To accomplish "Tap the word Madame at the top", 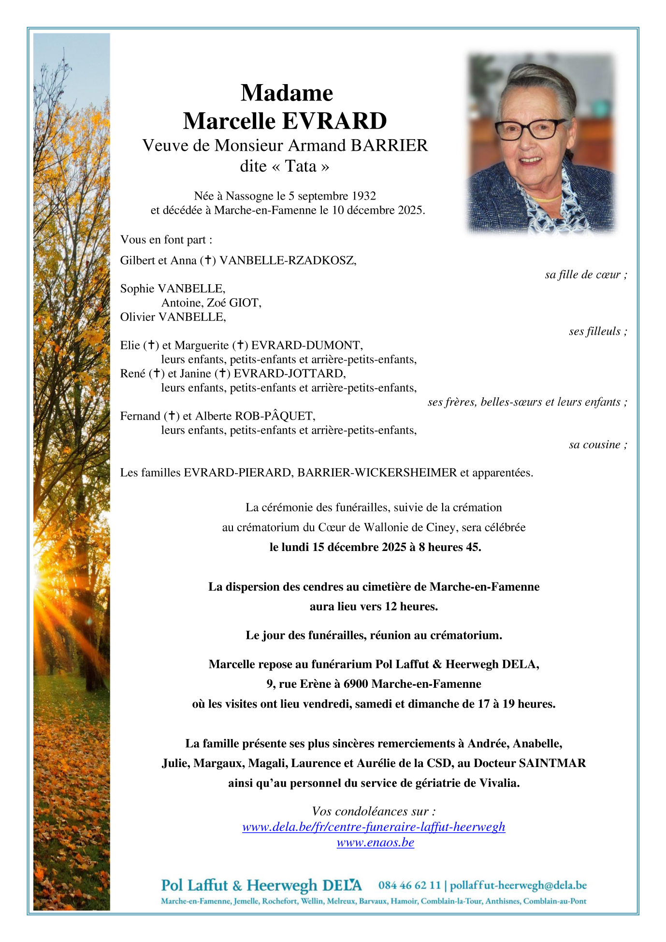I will pyautogui.click(x=287, y=93).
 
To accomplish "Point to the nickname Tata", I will pyautogui.click(x=301, y=166).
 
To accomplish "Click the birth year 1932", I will pyautogui.click(x=363, y=196).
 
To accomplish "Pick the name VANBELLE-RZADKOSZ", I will pyautogui.click(x=288, y=261).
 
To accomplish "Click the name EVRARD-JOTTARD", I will pyautogui.click(x=289, y=374).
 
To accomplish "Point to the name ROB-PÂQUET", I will pyautogui.click(x=275, y=416).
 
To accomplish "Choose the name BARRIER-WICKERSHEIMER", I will pyautogui.click(x=377, y=473).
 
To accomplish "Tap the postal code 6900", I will pyautogui.click(x=356, y=684).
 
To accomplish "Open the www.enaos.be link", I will pyautogui.click(x=376, y=842).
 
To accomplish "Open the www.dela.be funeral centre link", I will pyautogui.click(x=374, y=827).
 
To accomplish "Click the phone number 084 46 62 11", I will pyautogui.click(x=409, y=885).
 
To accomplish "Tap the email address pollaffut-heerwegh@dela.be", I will pyautogui.click(x=518, y=885).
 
